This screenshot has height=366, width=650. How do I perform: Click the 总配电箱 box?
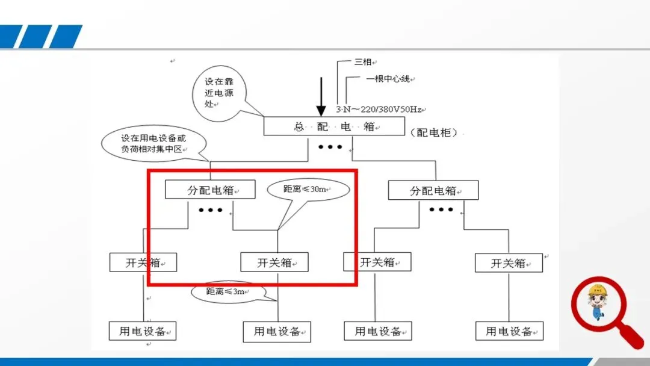(x=334, y=126)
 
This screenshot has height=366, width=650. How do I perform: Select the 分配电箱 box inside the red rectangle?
(x=210, y=190)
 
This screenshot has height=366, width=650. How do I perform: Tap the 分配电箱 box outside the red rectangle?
(x=433, y=190)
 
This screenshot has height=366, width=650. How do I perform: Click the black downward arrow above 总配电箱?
(x=321, y=96)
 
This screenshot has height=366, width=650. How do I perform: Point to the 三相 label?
(x=363, y=61)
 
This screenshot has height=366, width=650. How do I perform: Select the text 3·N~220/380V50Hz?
(x=379, y=110)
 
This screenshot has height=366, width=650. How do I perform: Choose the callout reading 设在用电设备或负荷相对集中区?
(x=153, y=143)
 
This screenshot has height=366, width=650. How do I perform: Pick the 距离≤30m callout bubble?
(x=307, y=189)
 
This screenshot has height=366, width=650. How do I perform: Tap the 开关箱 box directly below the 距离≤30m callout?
(x=274, y=262)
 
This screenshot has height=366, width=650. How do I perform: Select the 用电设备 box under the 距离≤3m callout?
(x=277, y=332)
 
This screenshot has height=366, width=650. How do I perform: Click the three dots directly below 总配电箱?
(x=330, y=147)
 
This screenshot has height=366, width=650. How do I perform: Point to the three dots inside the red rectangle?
(x=211, y=210)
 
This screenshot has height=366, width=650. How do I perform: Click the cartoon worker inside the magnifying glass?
(x=598, y=303)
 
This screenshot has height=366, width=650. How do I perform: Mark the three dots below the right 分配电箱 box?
(x=441, y=209)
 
